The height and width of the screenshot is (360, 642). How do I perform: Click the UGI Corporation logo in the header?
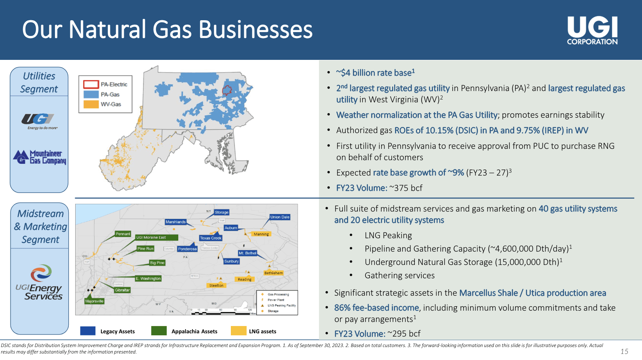tap(592, 30)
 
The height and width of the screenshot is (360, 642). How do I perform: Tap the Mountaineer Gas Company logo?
tap(40, 157)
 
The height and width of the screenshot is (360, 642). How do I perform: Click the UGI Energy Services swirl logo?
tap(41, 273)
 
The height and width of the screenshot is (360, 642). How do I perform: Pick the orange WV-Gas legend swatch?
tap(91, 104)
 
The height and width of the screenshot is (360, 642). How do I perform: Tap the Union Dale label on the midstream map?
tap(280, 217)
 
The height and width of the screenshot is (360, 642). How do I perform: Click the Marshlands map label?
tap(175, 222)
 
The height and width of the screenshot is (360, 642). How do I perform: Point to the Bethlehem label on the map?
tap(273, 273)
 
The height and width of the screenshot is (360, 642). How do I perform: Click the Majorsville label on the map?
tap(94, 301)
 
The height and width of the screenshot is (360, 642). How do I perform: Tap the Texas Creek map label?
tap(210, 238)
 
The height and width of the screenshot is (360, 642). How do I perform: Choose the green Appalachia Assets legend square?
tap(159, 331)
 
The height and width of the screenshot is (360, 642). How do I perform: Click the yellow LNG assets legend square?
tap(239, 331)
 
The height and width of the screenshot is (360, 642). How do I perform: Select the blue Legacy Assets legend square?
tap(88, 331)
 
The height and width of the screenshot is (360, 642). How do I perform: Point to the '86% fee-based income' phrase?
tap(376, 308)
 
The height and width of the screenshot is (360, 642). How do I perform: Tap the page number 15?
tap(624, 352)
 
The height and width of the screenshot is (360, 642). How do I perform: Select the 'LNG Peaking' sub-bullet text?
tap(388, 235)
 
